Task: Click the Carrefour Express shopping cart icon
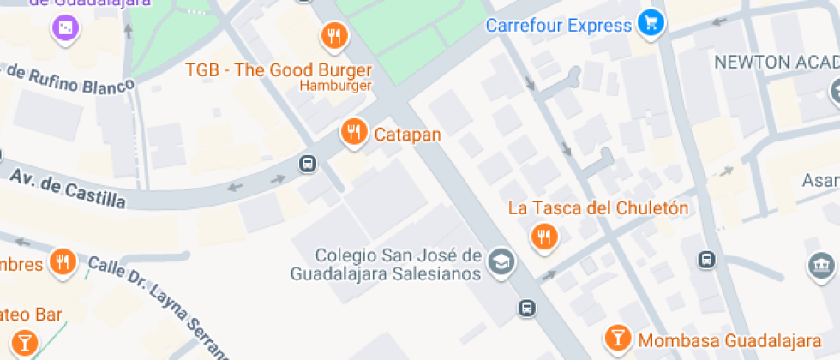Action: coord(651,23)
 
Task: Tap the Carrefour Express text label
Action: coord(558,25)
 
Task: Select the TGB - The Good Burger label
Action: coord(279,69)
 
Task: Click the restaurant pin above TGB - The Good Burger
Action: coord(333,36)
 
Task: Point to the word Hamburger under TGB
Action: coord(335,86)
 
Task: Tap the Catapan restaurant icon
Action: coord(352,132)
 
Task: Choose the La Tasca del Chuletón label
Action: coord(597,207)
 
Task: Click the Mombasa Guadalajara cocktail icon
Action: coord(616,338)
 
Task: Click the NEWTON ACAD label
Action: coord(776,62)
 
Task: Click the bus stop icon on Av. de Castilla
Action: coord(307,164)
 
